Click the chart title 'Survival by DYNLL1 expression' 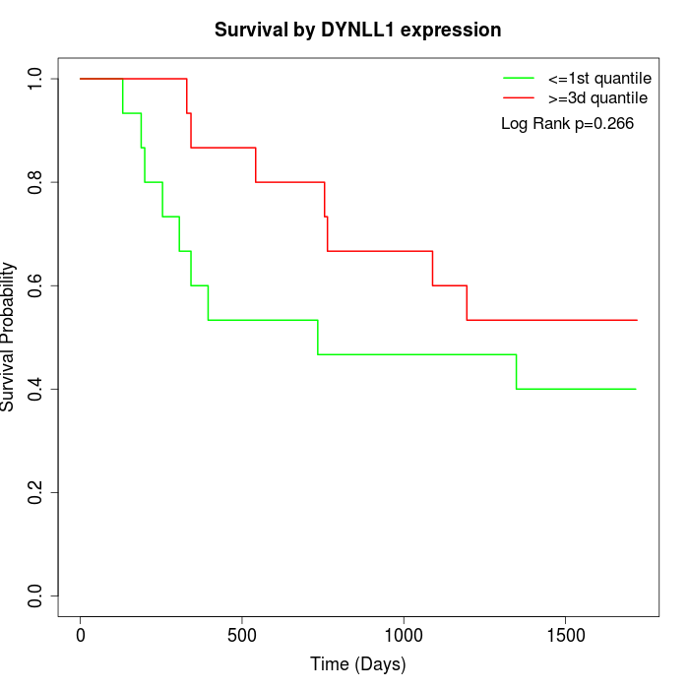[358, 30]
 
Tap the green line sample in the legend [519, 78]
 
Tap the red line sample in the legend [519, 97]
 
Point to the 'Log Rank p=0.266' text [567, 123]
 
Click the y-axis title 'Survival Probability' [9, 337]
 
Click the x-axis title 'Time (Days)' [358, 664]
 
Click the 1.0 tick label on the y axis [36, 78]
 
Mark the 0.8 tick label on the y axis [36, 182]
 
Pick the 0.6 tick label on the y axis [36, 285]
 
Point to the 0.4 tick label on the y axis [36, 389]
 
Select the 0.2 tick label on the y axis [36, 492]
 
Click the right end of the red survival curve [637, 320]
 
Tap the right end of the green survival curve [636, 389]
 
